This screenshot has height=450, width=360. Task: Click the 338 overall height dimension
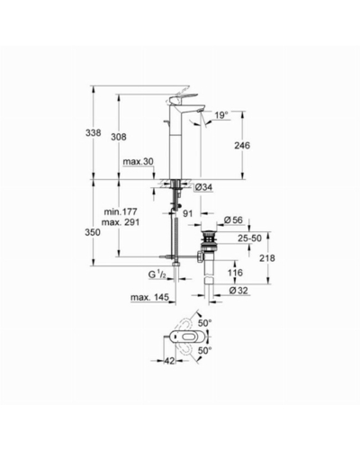coord(94,132)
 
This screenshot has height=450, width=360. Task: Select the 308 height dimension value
coord(119,137)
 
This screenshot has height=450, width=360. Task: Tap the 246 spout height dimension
coord(242,146)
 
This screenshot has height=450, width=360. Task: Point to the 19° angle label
coord(221,115)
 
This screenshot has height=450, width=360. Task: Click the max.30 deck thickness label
coord(138,162)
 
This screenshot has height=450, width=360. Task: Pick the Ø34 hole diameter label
coord(203,187)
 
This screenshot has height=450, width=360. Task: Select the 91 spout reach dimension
coord(187,213)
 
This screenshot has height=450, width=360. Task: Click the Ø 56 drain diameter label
coord(233,220)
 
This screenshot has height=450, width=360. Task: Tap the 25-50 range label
coord(249,238)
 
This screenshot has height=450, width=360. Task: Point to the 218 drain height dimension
coord(267,258)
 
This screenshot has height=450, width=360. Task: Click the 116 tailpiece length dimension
coord(235,273)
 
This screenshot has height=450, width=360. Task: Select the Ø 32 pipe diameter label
coord(238,291)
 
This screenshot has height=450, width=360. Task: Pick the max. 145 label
coord(149,298)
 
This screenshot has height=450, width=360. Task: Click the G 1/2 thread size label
coord(157,274)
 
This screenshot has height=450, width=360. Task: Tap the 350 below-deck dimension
coord(93,232)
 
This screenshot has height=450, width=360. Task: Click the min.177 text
coord(121,211)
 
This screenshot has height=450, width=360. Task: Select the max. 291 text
coord(121,222)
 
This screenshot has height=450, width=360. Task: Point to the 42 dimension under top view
coord(169,361)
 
